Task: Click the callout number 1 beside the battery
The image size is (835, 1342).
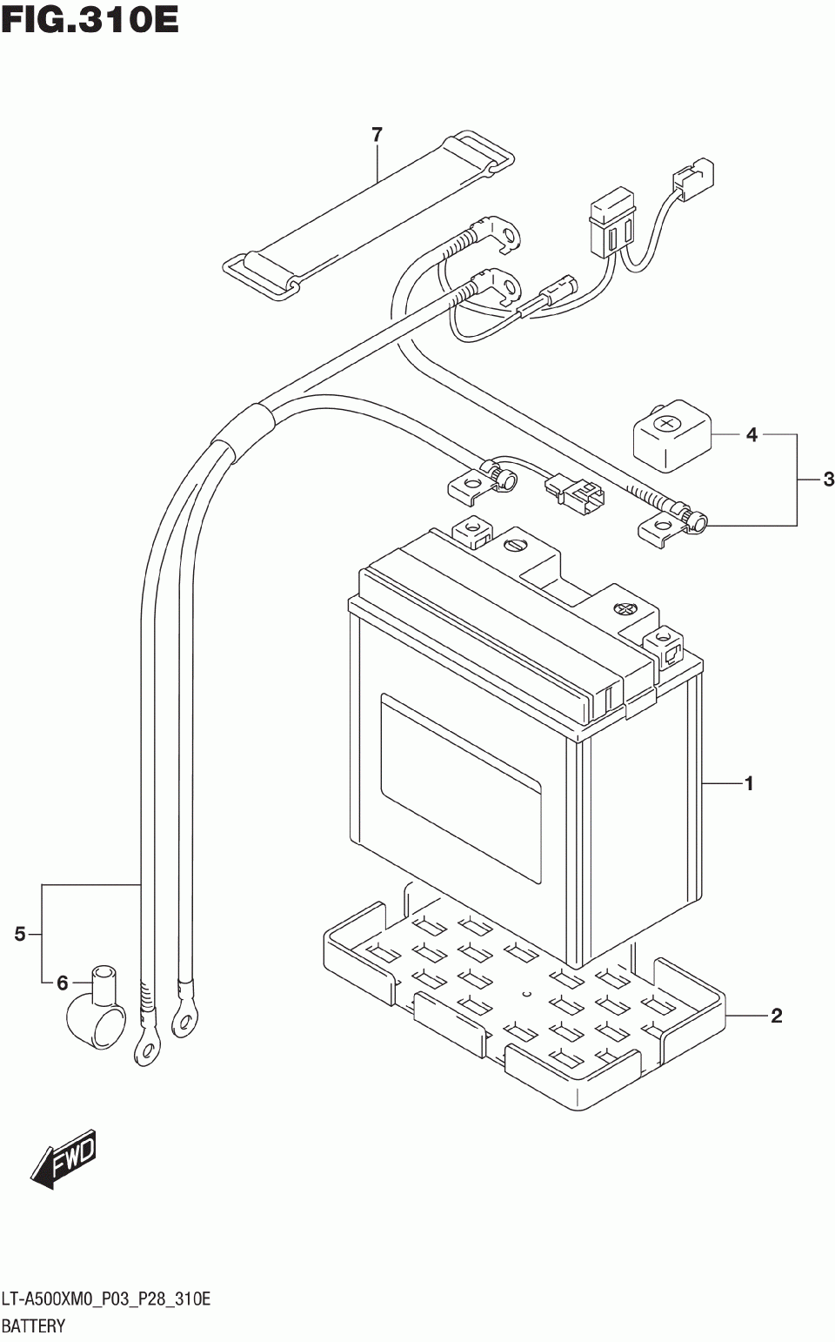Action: coord(748,783)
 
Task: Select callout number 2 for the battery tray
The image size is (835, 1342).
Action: coord(776,1017)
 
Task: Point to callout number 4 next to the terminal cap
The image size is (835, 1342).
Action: coord(751,434)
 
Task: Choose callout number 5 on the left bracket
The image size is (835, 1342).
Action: coord(20,934)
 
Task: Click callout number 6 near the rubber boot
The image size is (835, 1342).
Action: coord(63,983)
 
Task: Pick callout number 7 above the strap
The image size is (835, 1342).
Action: coord(377,136)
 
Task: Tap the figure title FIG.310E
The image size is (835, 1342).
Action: coord(90,22)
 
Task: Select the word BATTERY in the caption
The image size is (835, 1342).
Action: coord(33,1325)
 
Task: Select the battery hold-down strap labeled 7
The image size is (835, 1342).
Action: coord(368,215)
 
